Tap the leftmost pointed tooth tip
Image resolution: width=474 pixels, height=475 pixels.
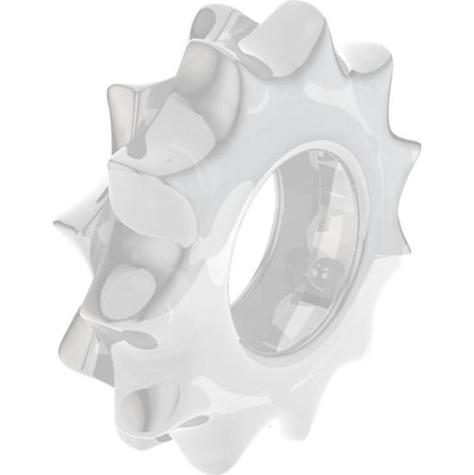(x=54, y=226)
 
